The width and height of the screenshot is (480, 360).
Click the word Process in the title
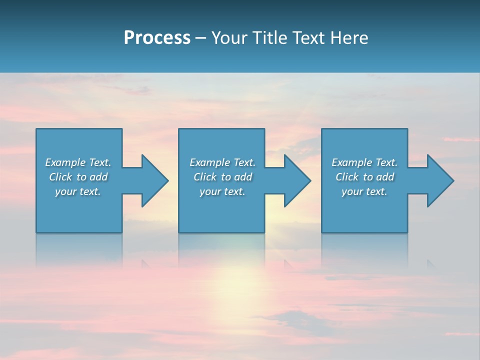tap(157, 38)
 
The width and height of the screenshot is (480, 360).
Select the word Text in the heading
tap(308, 38)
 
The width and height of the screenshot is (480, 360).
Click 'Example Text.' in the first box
tap(78, 162)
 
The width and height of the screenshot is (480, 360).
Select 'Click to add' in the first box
tap(78, 177)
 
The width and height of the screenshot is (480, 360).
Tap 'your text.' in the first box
tap(78, 191)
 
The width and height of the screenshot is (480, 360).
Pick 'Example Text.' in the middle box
tap(222, 162)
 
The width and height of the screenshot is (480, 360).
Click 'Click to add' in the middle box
tap(222, 177)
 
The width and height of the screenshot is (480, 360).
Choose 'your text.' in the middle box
tap(222, 191)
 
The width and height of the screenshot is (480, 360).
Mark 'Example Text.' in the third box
tap(364, 162)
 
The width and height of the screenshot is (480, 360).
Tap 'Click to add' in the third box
tap(364, 177)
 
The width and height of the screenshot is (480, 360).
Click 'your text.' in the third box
tap(364, 191)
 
